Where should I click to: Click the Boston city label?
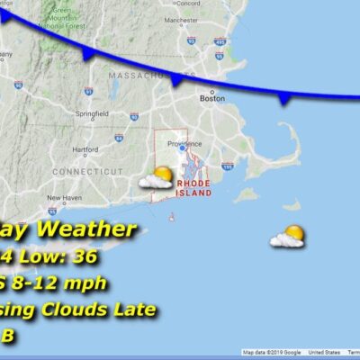[213, 99]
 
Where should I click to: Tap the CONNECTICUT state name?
[86, 170]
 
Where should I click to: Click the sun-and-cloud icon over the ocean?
[288, 237]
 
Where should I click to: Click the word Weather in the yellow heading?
[94, 231]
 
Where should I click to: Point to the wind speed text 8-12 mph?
[61, 283]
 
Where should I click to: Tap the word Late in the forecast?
[133, 310]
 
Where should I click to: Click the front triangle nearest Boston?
[176, 82]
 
